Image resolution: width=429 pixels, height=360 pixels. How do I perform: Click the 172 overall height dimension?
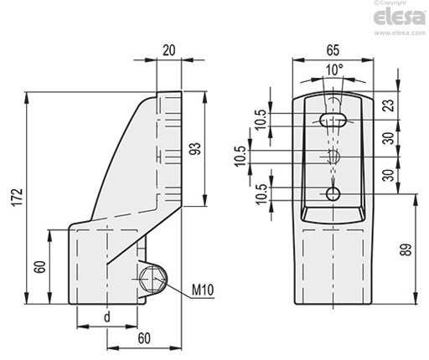point(18,198)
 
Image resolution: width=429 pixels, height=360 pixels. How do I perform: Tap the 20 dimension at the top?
point(169,50)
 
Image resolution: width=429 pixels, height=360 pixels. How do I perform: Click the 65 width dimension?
point(333,50)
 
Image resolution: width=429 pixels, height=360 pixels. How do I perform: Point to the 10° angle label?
point(334,69)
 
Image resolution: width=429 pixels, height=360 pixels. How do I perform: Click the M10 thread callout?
point(203,290)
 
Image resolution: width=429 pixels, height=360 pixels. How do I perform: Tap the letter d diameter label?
point(107,317)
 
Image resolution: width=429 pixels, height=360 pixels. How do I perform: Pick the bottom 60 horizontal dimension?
point(144,338)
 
